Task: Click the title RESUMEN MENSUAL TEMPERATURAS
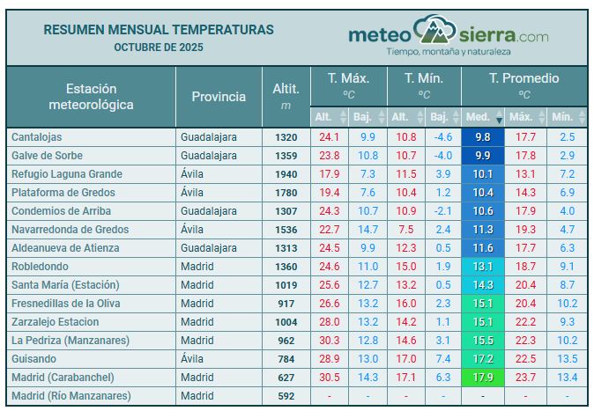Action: pos(159,29)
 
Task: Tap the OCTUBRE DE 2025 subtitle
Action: pos(159,47)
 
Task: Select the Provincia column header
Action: pos(219,97)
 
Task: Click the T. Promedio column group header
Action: pos(523,78)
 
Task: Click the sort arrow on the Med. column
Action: pos(499,117)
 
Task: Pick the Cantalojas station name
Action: pos(36,137)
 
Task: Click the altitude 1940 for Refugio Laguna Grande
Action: pos(286,174)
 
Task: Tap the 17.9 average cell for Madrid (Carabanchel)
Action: pos(482,378)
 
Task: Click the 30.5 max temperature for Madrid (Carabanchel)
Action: pos(329,378)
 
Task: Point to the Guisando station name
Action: pos(34,359)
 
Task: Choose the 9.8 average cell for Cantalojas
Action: pos(482,137)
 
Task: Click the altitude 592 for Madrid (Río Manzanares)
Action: pos(286,396)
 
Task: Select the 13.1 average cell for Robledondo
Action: pos(482,267)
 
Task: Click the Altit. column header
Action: pos(286,96)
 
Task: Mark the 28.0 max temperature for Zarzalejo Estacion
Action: pos(329,322)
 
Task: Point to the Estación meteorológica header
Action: pos(92,97)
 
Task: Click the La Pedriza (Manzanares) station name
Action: pos(71,341)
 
